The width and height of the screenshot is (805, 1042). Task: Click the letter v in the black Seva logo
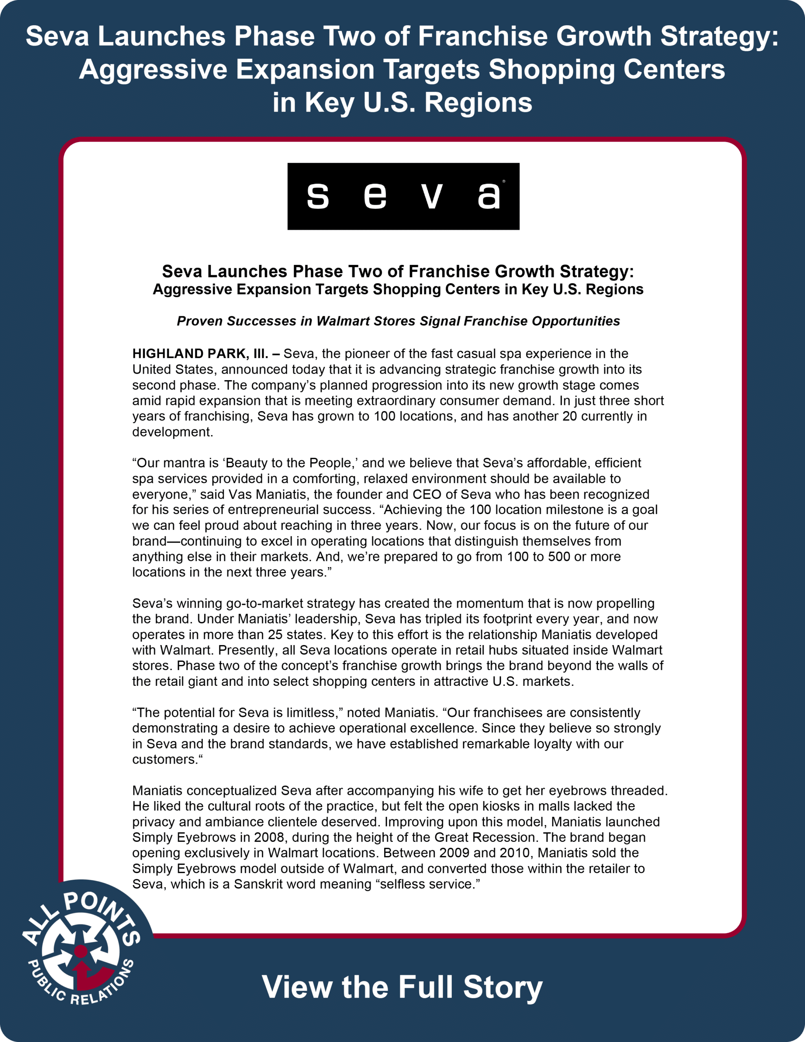click(432, 196)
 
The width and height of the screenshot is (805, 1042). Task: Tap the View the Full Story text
click(402, 987)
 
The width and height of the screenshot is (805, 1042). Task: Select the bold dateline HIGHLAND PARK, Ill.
click(200, 354)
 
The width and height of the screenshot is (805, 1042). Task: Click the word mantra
click(183, 463)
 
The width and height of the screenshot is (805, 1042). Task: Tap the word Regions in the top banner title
click(478, 103)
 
